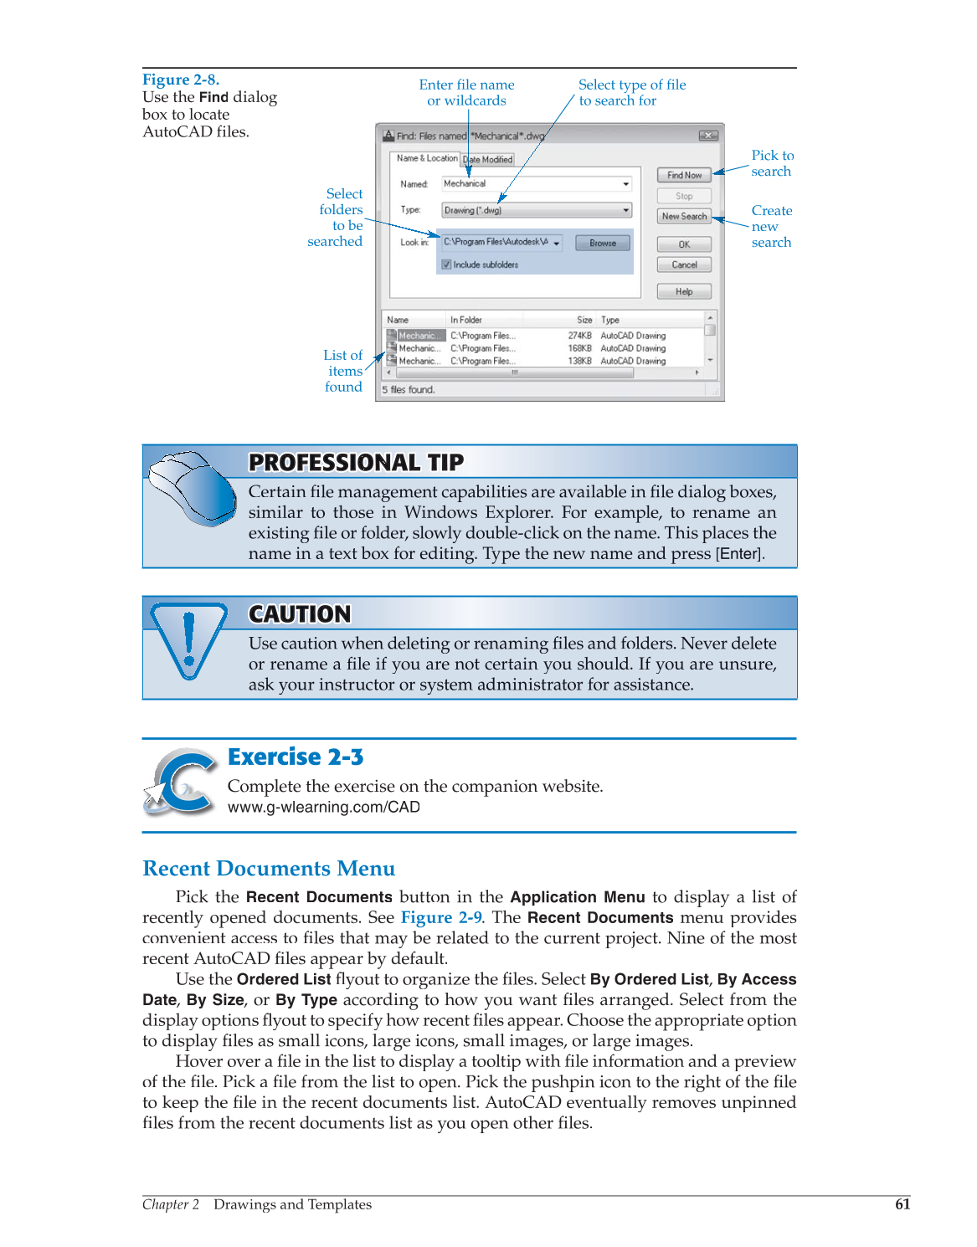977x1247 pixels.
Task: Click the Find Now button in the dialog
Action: point(684,175)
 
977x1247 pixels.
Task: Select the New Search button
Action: point(684,216)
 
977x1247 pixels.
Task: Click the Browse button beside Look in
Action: point(603,243)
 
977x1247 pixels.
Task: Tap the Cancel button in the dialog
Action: point(684,264)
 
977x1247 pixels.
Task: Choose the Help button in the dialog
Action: point(684,291)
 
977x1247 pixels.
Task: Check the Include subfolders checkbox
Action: point(447,264)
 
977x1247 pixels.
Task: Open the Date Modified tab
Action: point(488,159)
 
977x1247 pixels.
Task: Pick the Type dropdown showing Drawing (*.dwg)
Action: point(537,210)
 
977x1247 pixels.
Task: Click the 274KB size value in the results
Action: point(579,336)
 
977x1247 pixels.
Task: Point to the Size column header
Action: point(584,320)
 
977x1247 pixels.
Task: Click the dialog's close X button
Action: point(708,136)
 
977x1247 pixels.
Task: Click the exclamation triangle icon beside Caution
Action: point(188,639)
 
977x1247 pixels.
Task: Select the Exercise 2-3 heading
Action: point(296,757)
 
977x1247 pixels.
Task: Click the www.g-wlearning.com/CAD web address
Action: point(324,807)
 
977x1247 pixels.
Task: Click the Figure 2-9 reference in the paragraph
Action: point(441,917)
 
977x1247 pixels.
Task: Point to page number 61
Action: point(902,1204)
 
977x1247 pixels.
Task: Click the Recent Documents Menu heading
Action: point(269,869)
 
